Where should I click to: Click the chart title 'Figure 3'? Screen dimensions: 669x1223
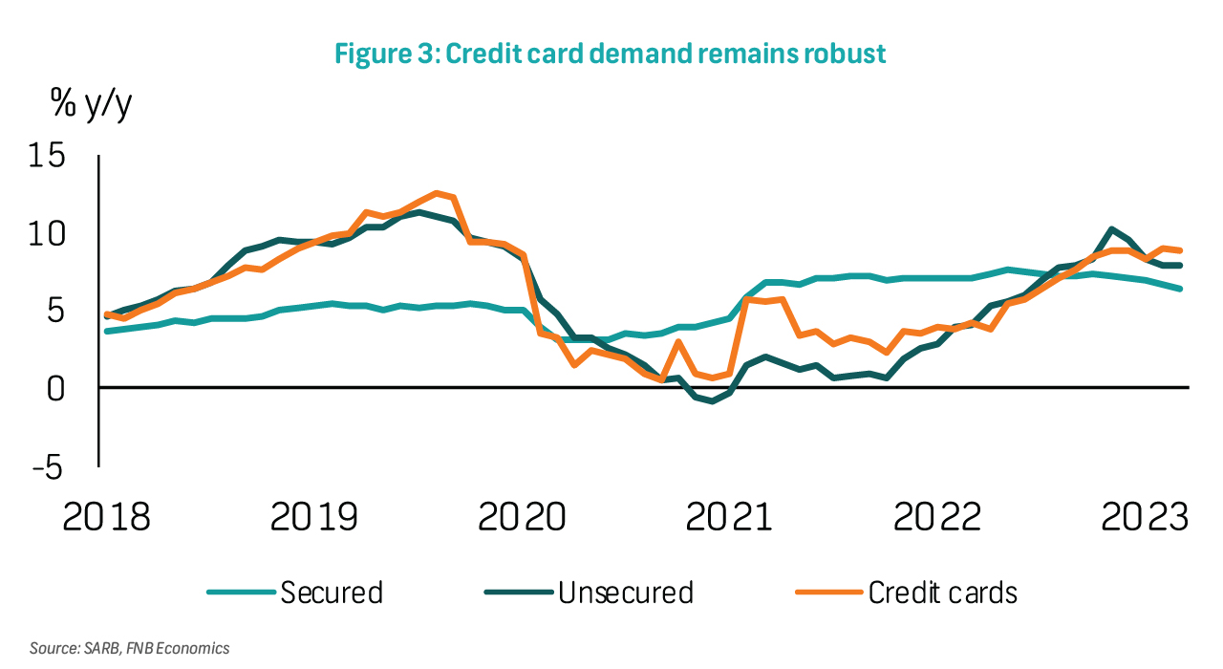tap(610, 54)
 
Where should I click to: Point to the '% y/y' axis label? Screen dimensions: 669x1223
tap(92, 105)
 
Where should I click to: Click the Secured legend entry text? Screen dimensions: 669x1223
tap(332, 593)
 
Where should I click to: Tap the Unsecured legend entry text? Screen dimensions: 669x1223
tap(626, 593)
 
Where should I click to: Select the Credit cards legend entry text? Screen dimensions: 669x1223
tap(942, 593)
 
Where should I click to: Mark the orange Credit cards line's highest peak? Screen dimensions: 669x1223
tap(437, 193)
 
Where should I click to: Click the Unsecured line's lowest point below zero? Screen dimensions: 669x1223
tap(713, 401)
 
